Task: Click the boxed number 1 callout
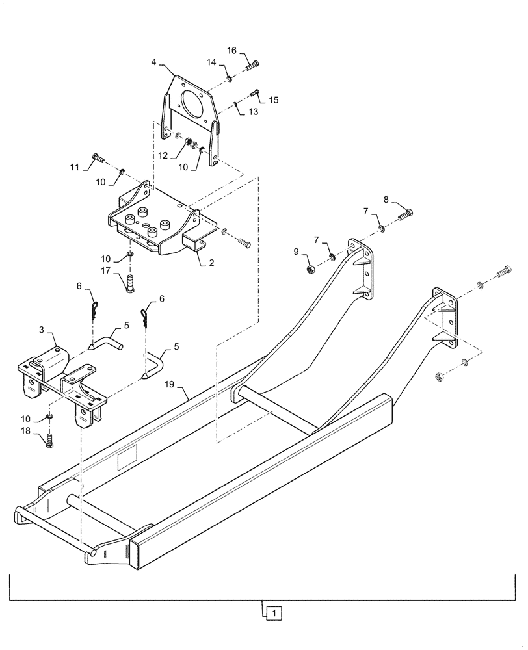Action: pyautogui.click(x=275, y=612)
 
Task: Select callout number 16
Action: pyautogui.click(x=231, y=51)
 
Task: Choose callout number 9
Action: pyautogui.click(x=296, y=251)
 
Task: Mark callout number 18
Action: pyautogui.click(x=24, y=432)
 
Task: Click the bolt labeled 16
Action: pyautogui.click(x=252, y=66)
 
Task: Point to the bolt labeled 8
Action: pyautogui.click(x=405, y=213)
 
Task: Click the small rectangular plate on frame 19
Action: pyautogui.click(x=127, y=462)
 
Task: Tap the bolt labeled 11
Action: pyautogui.click(x=99, y=156)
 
